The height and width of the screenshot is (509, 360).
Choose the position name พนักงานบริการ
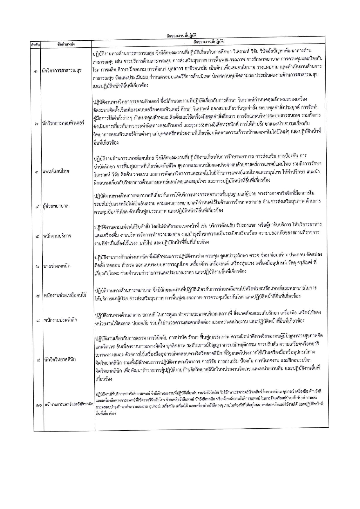57,236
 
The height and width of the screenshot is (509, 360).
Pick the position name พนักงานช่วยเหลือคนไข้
65,296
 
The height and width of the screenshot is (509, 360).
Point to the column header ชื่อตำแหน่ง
66,44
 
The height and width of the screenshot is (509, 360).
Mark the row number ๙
38,360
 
